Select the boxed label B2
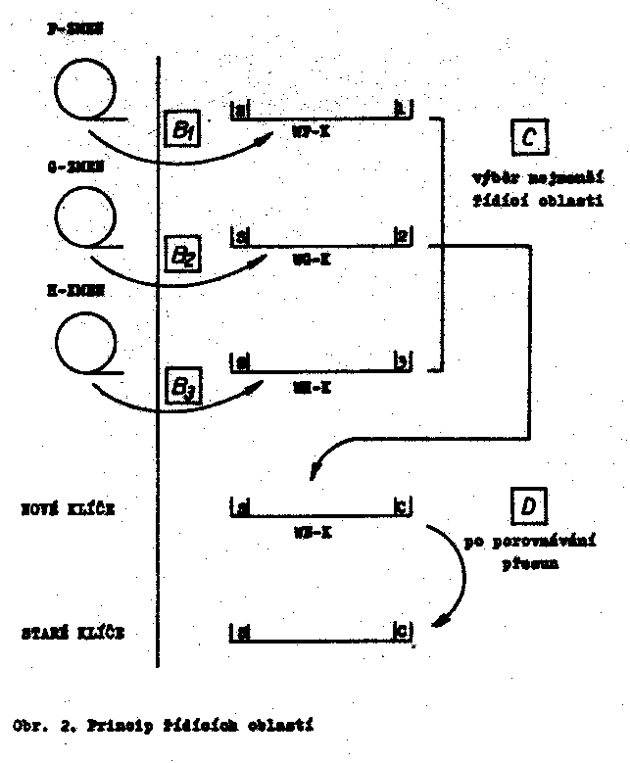pyautogui.click(x=183, y=257)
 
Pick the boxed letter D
pyautogui.click(x=528, y=506)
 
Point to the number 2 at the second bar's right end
pyautogui.click(x=402, y=236)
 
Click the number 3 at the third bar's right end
pyautogui.click(x=403, y=362)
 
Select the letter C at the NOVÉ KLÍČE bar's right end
pyautogui.click(x=402, y=507)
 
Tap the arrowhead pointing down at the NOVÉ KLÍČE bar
pyautogui.click(x=312, y=473)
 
